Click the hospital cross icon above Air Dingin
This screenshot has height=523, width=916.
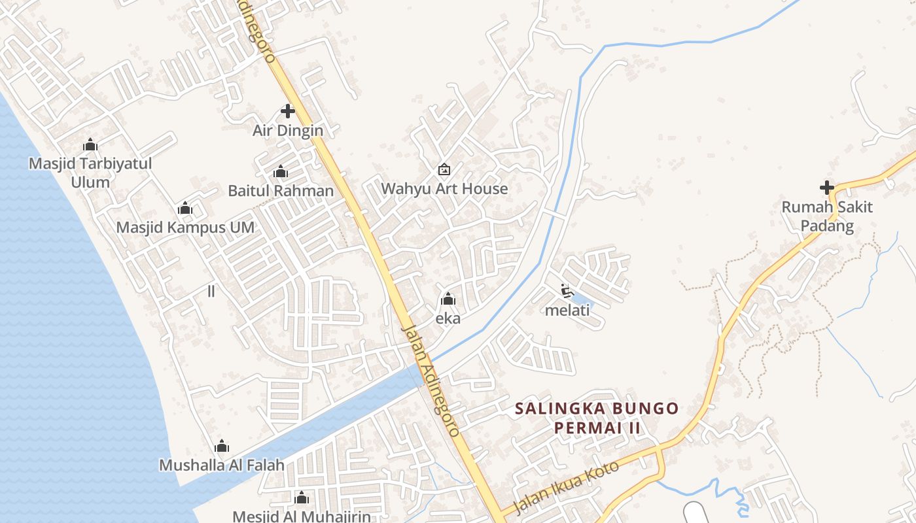point(287,111)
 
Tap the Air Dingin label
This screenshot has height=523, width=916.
point(288,130)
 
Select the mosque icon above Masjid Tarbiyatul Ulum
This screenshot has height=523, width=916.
point(90,144)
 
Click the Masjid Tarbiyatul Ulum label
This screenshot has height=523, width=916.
point(90,173)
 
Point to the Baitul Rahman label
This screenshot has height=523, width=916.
point(281,191)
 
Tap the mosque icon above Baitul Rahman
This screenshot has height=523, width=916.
point(281,172)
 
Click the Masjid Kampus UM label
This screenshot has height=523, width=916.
point(185,228)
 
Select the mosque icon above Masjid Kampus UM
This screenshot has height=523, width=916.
point(185,209)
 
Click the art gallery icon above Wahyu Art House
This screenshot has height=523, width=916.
point(444,169)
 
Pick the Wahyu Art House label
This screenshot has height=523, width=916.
point(444,189)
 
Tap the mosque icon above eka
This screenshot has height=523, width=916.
point(448,299)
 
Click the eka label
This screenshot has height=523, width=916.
point(448,318)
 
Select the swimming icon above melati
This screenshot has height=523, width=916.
point(567,290)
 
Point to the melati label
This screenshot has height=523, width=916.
point(567,310)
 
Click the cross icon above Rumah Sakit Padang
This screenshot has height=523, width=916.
point(827,188)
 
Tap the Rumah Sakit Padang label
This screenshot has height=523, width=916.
point(827,216)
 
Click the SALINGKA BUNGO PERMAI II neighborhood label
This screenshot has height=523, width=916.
point(597,418)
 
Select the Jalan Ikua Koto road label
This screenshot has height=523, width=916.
point(566,489)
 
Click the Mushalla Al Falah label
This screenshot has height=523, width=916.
point(222,465)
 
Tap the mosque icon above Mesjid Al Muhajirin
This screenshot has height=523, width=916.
point(301,499)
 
